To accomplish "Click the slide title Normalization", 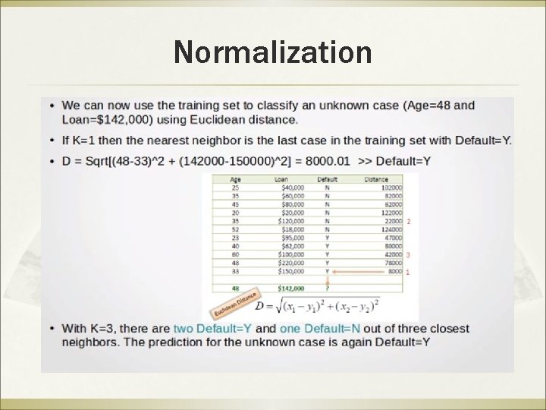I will point(272,52).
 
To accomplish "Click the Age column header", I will point(235,179).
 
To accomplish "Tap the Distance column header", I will point(376,179).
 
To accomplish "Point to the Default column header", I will point(328,179).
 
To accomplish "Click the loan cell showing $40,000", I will point(292,187).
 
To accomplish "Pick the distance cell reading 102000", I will point(391,187).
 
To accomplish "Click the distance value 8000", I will point(394,271).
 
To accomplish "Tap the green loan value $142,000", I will point(291,289).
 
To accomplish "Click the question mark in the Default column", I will point(327,289).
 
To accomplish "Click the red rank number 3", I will point(409,254).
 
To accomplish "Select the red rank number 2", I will point(409,221).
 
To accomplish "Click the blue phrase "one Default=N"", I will point(320,329).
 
